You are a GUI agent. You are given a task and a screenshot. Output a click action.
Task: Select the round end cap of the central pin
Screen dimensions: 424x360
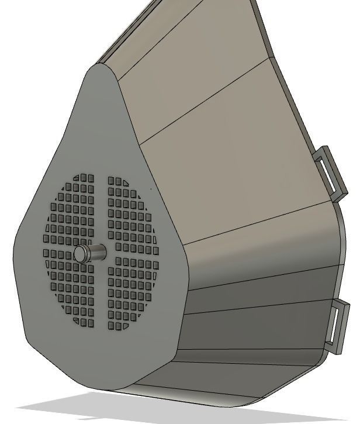click(80, 253)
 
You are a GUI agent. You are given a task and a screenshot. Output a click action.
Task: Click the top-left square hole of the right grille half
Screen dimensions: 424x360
click(112, 181)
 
